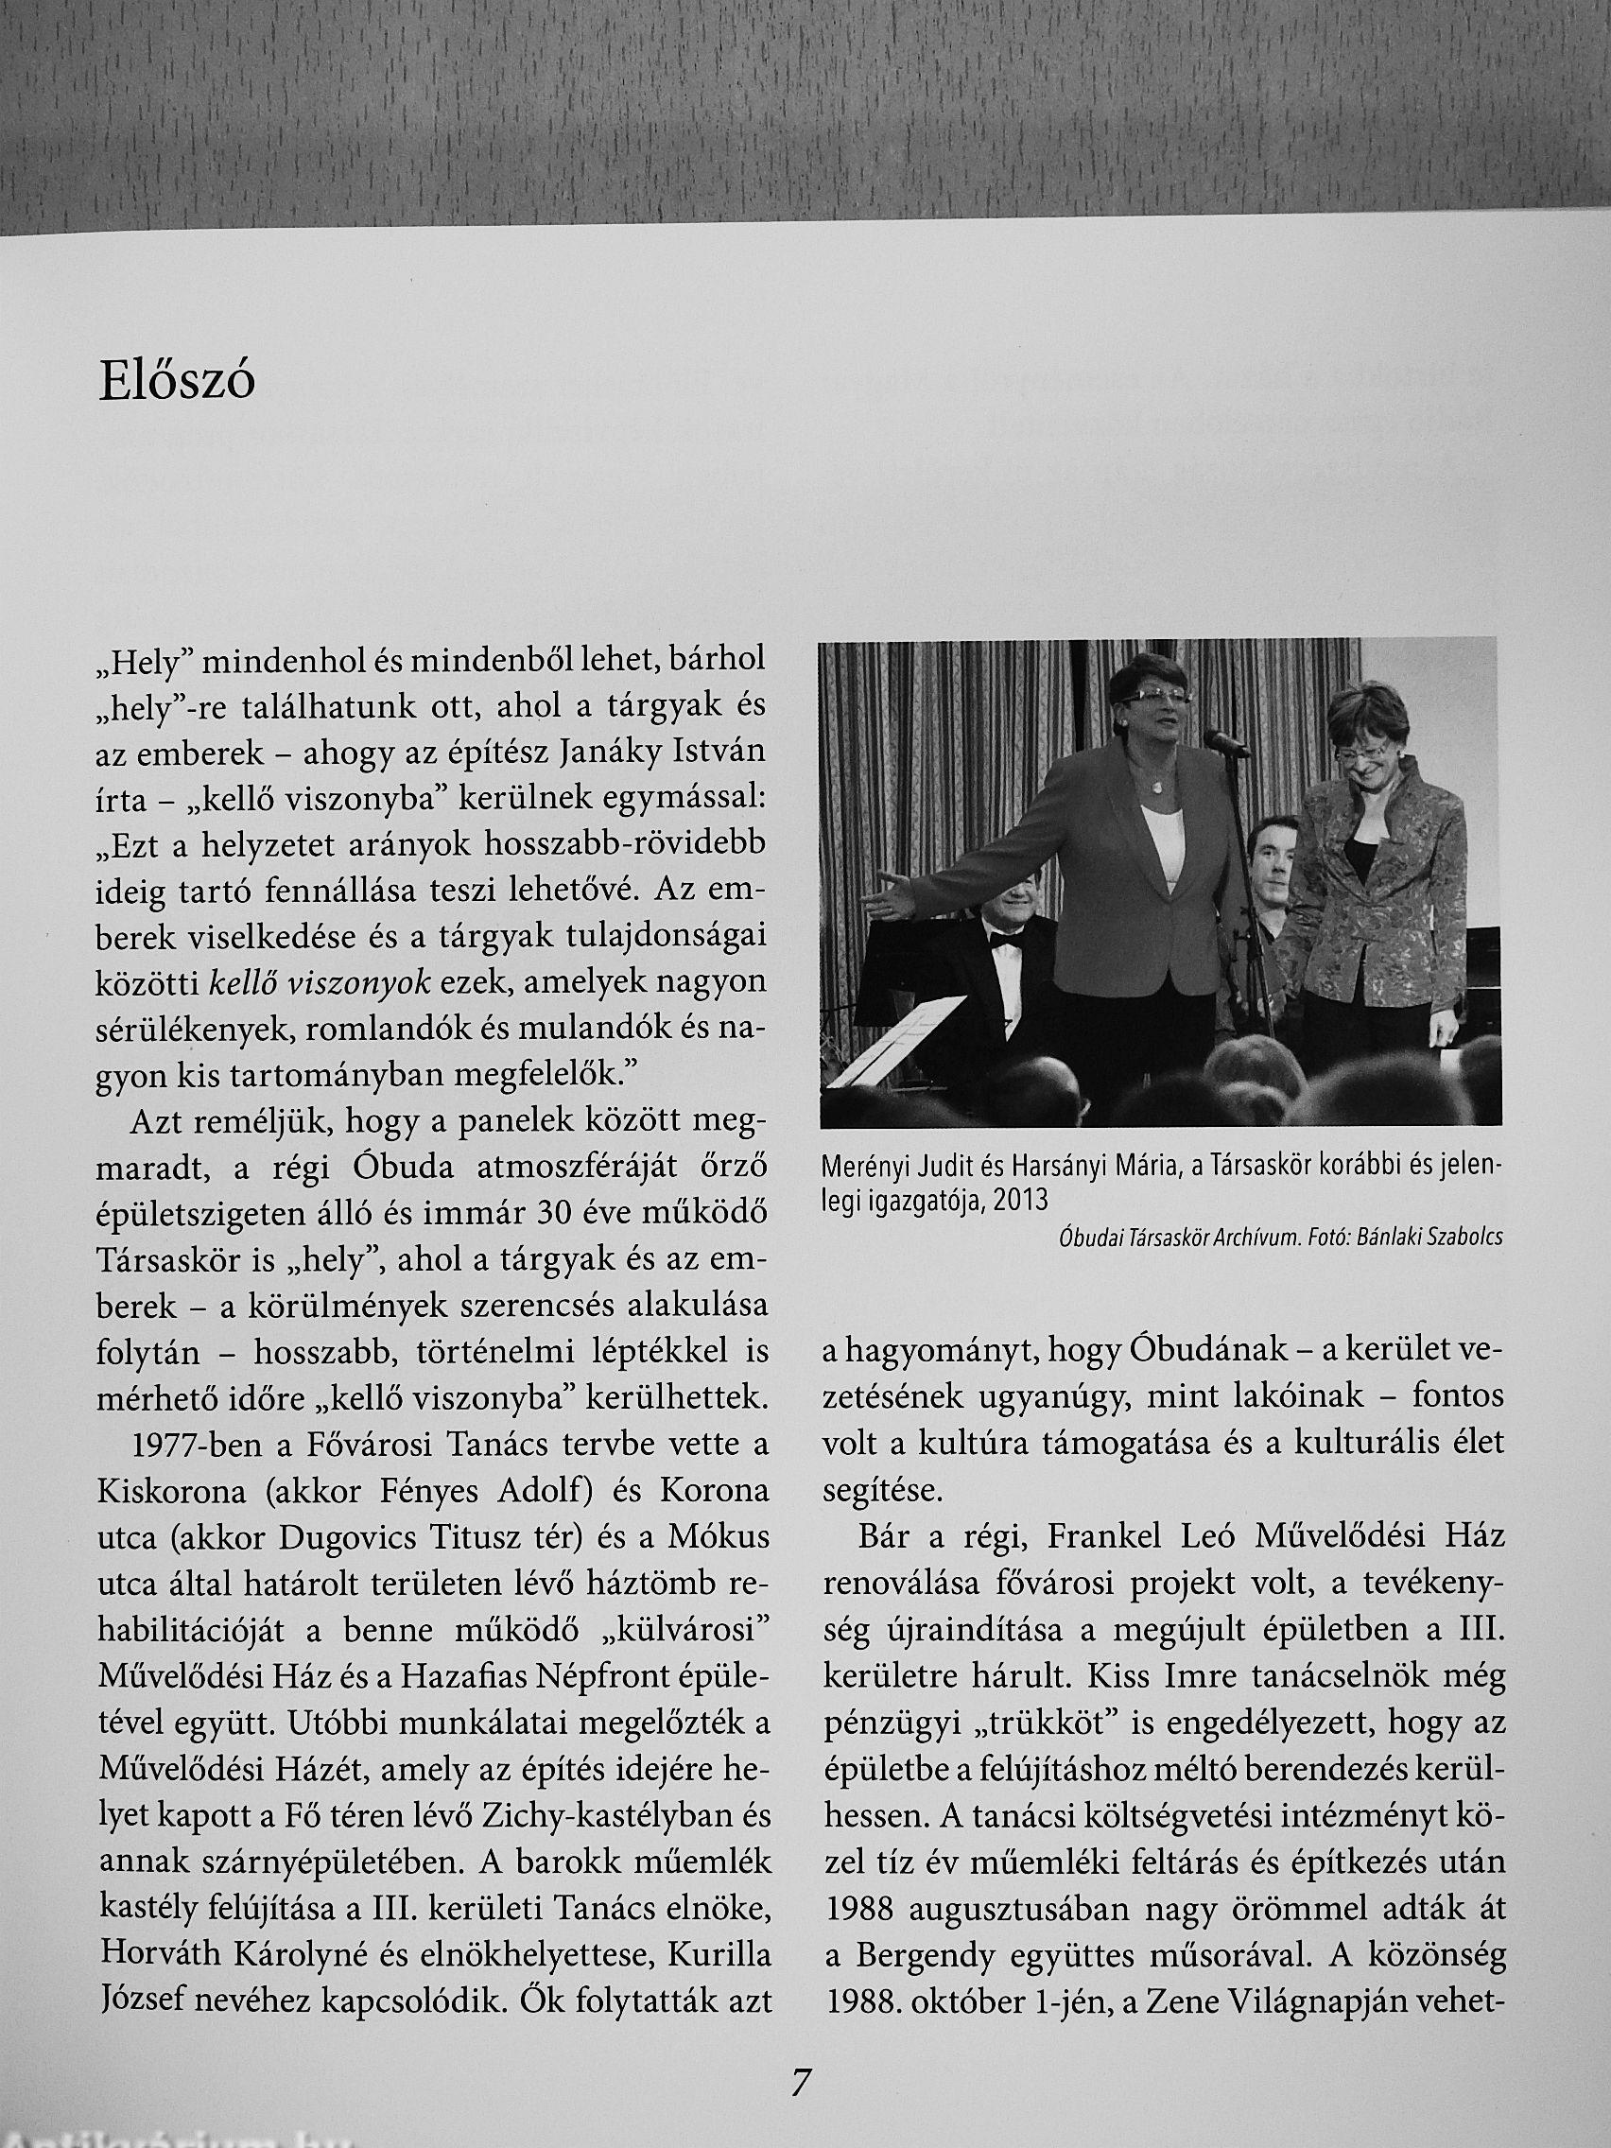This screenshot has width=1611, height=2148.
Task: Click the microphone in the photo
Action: pyautogui.click(x=1225, y=745)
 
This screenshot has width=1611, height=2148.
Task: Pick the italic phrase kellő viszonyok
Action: pyautogui.click(x=320, y=983)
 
